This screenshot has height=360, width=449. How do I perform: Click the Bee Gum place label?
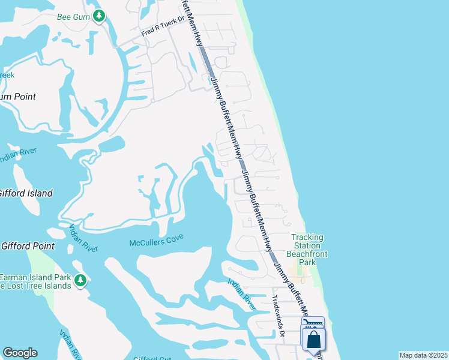[73, 16]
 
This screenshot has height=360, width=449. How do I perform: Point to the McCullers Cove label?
[156, 242]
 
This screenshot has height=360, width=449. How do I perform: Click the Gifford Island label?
[26, 193]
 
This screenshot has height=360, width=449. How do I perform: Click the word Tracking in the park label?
[307, 238]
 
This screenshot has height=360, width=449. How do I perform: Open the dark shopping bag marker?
[314, 340]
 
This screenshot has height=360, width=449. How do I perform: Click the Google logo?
[20, 353]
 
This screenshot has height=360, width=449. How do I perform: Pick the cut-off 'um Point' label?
[18, 97]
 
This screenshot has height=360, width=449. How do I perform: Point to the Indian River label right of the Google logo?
[71, 344]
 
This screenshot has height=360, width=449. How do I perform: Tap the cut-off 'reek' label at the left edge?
[7, 75]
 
